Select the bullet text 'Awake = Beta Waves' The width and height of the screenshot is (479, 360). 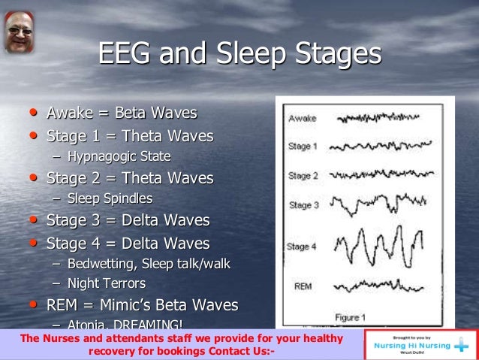pyautogui.click(x=122, y=113)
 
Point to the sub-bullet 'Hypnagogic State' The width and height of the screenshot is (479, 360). pyautogui.click(x=119, y=157)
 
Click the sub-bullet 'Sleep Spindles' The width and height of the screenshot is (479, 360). pyautogui.click(x=110, y=199)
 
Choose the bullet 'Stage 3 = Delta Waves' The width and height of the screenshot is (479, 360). pyautogui.click(x=128, y=222)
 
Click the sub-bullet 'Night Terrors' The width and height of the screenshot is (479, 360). pyautogui.click(x=107, y=284)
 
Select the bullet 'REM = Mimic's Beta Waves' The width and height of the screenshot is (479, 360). pyautogui.click(x=142, y=306)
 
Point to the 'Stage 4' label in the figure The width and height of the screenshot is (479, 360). pyautogui.click(x=303, y=247)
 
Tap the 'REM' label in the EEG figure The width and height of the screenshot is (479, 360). pyautogui.click(x=304, y=287)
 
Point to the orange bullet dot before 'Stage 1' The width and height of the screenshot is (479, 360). pyautogui.click(x=33, y=135)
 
